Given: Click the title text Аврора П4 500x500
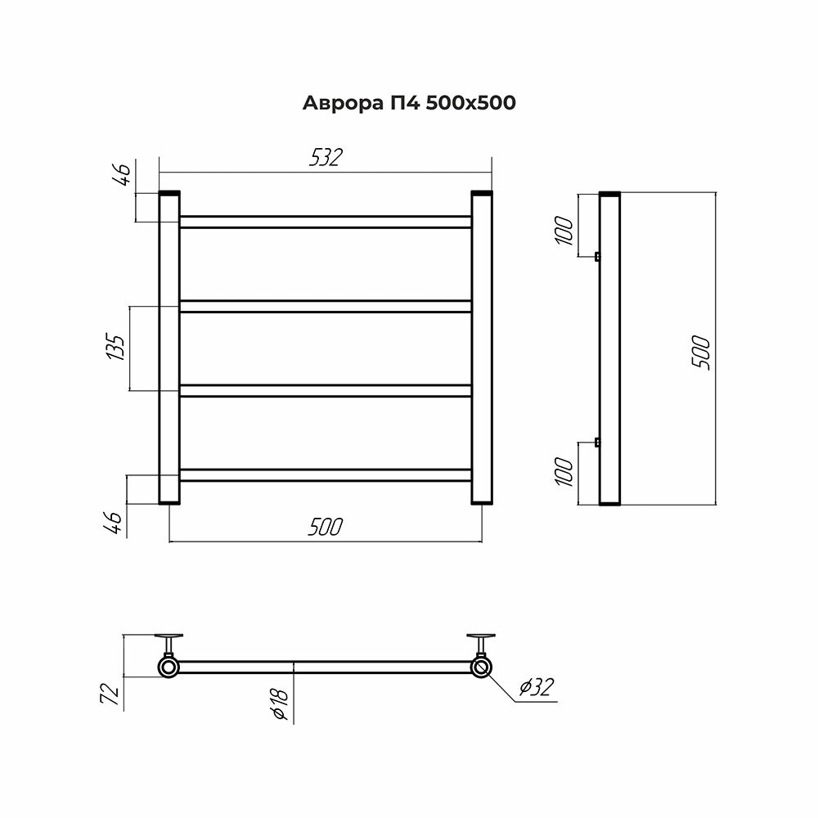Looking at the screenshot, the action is click(409, 103).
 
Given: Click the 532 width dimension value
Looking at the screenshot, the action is click(326, 158).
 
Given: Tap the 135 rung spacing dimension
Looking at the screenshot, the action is click(116, 348).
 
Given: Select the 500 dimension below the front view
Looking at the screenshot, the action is click(326, 527).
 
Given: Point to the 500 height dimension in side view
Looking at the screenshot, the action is click(702, 353).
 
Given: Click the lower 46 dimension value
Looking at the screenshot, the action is click(113, 523).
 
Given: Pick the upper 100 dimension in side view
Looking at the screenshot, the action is click(564, 231).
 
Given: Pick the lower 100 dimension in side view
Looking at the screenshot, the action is click(564, 472).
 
